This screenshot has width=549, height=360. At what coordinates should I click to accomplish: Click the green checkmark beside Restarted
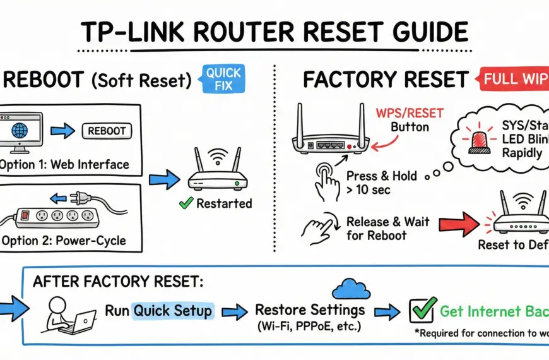(x=186, y=203)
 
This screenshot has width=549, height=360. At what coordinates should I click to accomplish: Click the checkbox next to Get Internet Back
(x=422, y=311)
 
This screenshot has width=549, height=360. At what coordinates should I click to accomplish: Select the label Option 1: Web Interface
(x=64, y=165)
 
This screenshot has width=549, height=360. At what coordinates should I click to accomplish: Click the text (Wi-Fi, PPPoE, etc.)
(x=310, y=327)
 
